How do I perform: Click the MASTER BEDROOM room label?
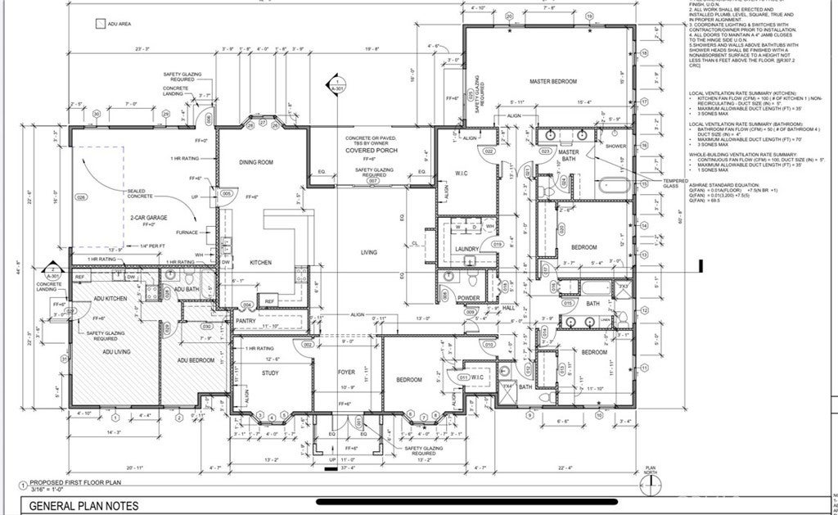coord(553,82)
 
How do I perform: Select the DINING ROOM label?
coord(255,162)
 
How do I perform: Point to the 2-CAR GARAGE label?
coord(148,218)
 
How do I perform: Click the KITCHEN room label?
coord(260,262)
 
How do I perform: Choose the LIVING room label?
coord(369,252)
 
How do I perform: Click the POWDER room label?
coord(468,298)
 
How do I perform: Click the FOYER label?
coord(346,372)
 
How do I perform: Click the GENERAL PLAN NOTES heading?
coord(84,506)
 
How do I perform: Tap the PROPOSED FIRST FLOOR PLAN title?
coord(75,483)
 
